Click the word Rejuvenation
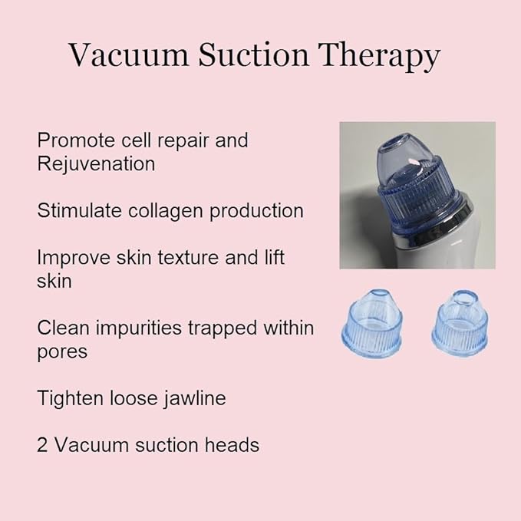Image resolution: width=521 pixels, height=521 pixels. pyautogui.click(x=96, y=163)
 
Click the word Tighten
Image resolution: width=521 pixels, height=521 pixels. pyautogui.click(x=71, y=397)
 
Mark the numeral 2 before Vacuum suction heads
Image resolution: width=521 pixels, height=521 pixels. pyautogui.click(x=43, y=444)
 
